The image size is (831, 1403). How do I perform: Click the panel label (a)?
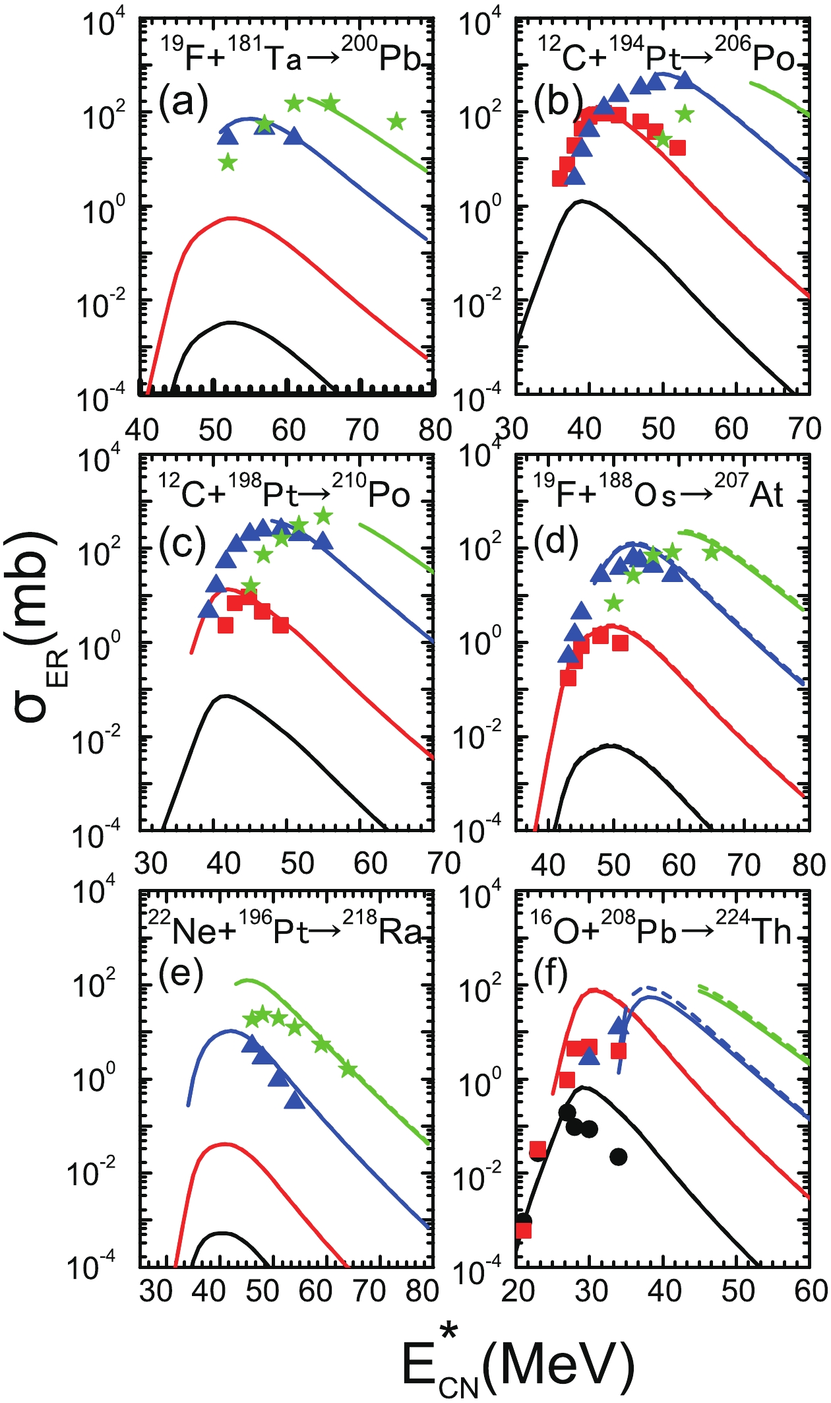183,102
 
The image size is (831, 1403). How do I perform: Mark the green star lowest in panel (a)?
228,162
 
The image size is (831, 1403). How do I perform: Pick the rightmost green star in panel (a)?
396,121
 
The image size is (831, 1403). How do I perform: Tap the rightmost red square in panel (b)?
677,147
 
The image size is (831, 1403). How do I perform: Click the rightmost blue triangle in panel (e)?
295,1100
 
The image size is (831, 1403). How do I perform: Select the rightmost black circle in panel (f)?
618,1156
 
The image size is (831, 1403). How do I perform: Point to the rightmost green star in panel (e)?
348,1070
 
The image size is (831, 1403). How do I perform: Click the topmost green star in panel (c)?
323,516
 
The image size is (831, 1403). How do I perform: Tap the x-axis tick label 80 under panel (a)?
435,430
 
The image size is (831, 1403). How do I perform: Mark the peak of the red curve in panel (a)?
230,218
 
